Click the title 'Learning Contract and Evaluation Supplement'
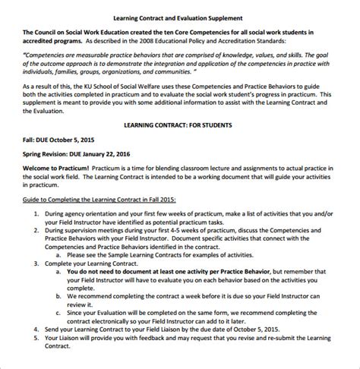(x=178, y=17)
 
